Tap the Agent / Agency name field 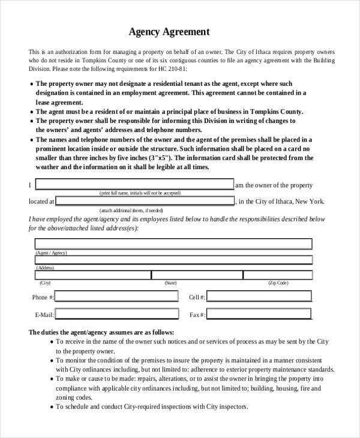pyautogui.click(x=173, y=244)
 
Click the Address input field pyautogui.click(x=173, y=260)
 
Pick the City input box pyautogui.click(x=92, y=275)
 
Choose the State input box pyautogui.click(x=196, y=275)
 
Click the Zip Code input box pyautogui.click(x=277, y=275)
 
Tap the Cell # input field pyautogui.click(x=260, y=296)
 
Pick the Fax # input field pyautogui.click(x=260, y=314)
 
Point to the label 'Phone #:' pyautogui.click(x=43, y=298)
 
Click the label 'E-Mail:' pyautogui.click(x=44, y=315)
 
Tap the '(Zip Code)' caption pyautogui.click(x=278, y=283)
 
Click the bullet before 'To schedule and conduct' pyautogui.click(x=52, y=406)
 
